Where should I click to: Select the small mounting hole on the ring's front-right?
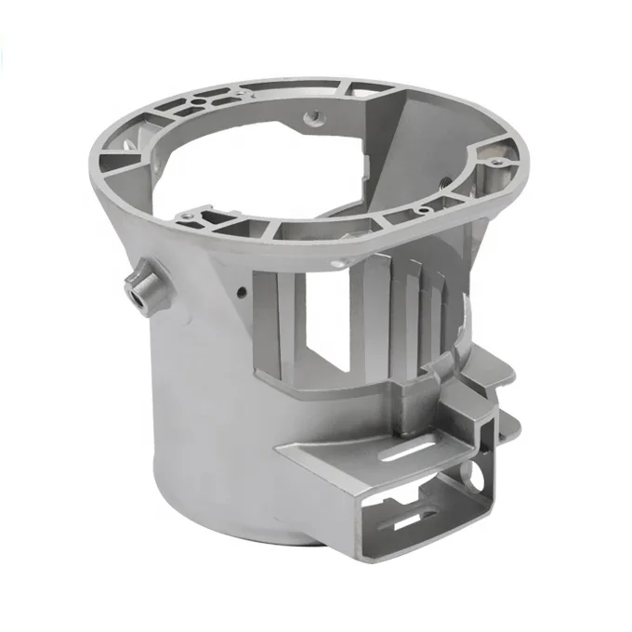click(x=423, y=211)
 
